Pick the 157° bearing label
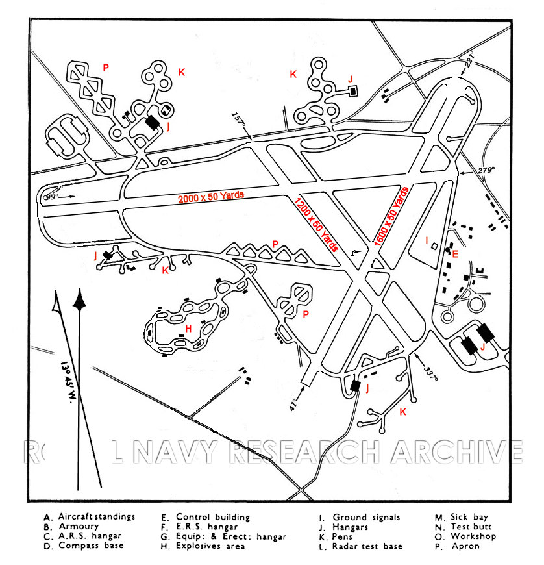(x=239, y=119)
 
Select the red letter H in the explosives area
(x=188, y=329)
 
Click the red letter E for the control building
(x=455, y=253)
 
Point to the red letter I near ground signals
(x=427, y=241)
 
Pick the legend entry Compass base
(x=90, y=546)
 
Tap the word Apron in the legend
(x=466, y=546)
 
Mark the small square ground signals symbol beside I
(x=434, y=247)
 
